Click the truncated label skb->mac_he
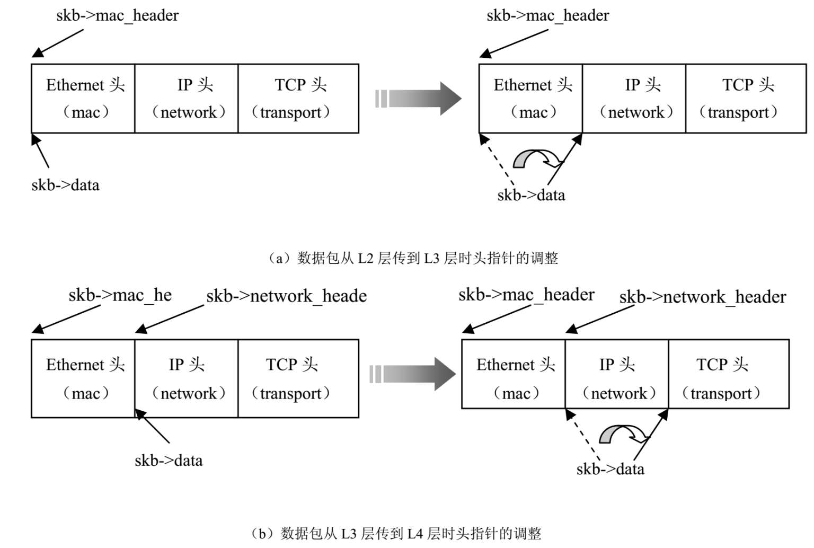pyautogui.click(x=120, y=295)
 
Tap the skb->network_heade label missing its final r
pyautogui.click(x=286, y=296)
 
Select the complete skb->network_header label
pyautogui.click(x=702, y=297)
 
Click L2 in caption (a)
pyautogui.click(x=366, y=258)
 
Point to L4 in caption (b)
pyautogui.click(x=415, y=533)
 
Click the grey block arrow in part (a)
pyautogui.click(x=419, y=99)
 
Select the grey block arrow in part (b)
pyautogui.click(x=413, y=374)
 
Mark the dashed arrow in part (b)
pyautogui.click(x=583, y=436)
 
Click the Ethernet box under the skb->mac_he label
pyautogui.click(x=83, y=378)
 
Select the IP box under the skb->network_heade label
pyautogui.click(x=187, y=378)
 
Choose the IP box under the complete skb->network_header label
pyautogui.click(x=617, y=374)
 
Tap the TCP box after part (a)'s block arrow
pyautogui.click(x=746, y=99)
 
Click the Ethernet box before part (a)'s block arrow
pyautogui.click(x=83, y=99)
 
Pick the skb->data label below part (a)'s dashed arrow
pyautogui.click(x=531, y=195)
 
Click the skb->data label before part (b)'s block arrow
pyautogui.click(x=169, y=460)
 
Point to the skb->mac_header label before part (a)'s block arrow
pyautogui.click(x=117, y=15)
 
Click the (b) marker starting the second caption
pyautogui.click(x=261, y=533)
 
